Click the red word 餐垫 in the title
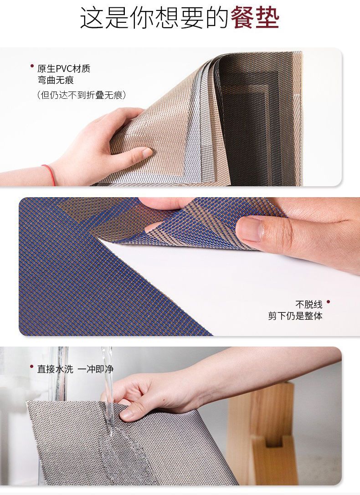[255, 18]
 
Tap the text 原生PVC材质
[64, 68]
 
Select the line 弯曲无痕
[56, 80]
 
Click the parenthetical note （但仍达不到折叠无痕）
[82, 95]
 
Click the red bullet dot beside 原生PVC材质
[32, 66]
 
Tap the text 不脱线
[309, 305]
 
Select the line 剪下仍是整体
[295, 316]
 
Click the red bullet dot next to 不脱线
[328, 302]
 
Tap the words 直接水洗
[55, 369]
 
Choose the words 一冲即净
[95, 369]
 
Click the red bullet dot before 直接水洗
[31, 367]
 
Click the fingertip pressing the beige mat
[145, 153]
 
